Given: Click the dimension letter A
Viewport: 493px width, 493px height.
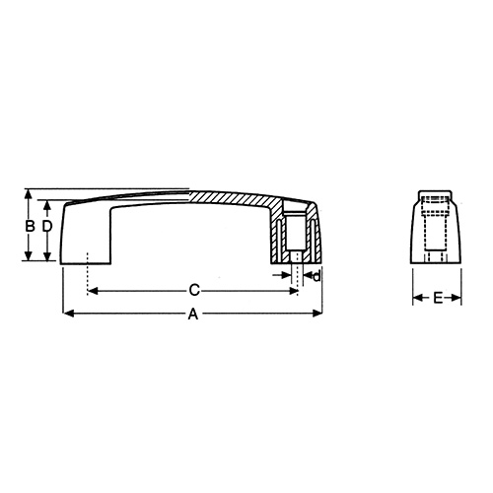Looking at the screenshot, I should click(x=193, y=316).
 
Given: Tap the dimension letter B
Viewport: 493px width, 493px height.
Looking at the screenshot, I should click(x=30, y=227).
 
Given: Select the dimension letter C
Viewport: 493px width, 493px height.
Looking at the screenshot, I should click(x=194, y=290).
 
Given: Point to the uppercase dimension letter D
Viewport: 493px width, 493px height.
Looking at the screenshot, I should click(x=45, y=227).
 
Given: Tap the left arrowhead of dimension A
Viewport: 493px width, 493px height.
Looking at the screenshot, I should click(x=67, y=315).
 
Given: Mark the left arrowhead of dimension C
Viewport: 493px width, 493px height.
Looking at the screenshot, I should click(x=93, y=290).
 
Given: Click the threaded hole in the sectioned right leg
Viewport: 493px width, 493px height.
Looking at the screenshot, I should click(x=297, y=237).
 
